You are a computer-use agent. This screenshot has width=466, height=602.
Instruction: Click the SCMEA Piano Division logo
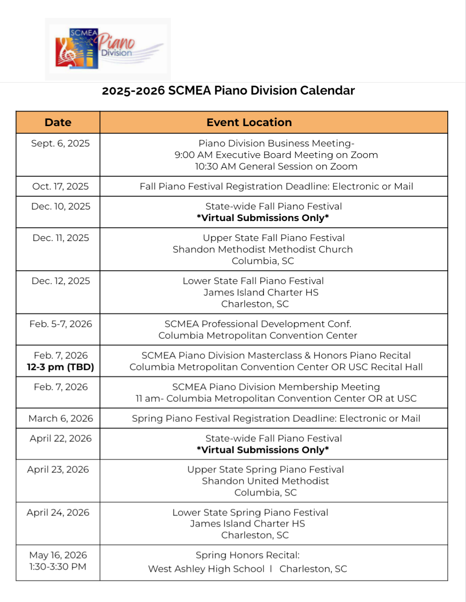[108, 49]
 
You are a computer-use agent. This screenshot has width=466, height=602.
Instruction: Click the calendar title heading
[228, 91]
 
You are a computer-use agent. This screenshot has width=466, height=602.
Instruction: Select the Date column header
[58, 123]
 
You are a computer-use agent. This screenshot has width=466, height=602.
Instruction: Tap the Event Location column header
[249, 123]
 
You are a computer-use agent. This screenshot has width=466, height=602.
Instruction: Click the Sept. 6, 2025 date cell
[60, 143]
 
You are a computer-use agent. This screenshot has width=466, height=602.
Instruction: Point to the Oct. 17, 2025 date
[60, 186]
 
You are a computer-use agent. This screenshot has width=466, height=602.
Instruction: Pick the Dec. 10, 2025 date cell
[61, 206]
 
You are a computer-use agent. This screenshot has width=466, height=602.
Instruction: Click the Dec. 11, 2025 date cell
[61, 238]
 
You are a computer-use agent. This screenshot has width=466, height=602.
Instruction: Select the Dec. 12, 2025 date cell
[61, 281]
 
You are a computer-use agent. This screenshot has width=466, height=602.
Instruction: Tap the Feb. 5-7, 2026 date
[61, 324]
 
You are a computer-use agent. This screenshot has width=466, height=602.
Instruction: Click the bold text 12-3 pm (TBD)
[60, 367]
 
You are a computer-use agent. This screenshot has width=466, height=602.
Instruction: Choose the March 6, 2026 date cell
[61, 419]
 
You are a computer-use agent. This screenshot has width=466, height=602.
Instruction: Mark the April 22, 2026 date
[61, 439]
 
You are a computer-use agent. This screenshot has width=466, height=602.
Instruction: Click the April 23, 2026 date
[58, 470]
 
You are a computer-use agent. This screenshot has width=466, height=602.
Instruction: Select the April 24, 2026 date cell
[58, 513]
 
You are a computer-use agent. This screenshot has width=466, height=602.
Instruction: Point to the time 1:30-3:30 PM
[58, 567]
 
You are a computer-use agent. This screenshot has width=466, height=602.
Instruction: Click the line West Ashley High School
[206, 569]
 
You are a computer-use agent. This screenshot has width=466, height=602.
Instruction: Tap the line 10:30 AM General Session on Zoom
[276, 166]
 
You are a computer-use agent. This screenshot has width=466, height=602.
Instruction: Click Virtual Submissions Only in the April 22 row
[263, 450]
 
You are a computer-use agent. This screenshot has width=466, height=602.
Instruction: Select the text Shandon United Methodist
[265, 481]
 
